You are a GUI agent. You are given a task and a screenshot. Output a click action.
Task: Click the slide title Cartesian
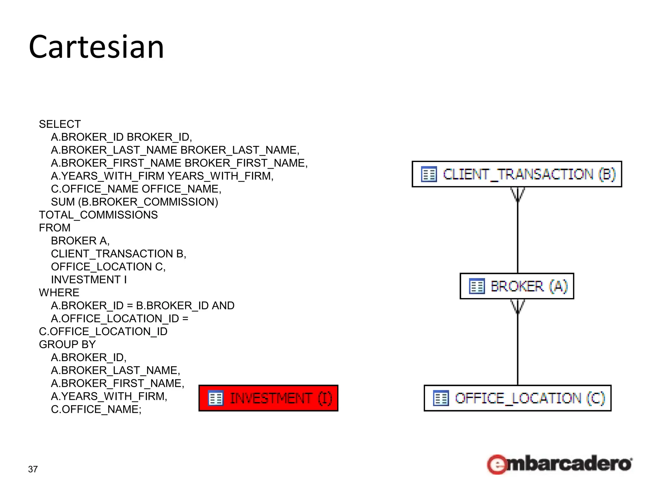click(96, 47)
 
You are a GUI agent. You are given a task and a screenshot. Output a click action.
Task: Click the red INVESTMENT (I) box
click(268, 398)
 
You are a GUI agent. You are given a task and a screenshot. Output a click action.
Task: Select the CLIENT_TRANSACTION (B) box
click(517, 174)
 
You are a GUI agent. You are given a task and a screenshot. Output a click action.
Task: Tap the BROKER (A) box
click(517, 286)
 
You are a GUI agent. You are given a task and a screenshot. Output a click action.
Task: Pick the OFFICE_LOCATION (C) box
click(517, 398)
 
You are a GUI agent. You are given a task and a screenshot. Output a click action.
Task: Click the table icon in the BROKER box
click(477, 286)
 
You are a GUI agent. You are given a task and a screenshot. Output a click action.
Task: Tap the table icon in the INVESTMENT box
click(216, 399)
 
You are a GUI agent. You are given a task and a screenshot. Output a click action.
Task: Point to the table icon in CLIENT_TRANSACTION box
click(429, 174)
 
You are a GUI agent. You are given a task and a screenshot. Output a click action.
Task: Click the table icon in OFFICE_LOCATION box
click(441, 399)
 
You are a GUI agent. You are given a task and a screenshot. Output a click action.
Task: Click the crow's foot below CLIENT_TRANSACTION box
click(517, 194)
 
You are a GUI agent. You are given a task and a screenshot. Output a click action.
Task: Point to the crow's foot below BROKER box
click(517, 306)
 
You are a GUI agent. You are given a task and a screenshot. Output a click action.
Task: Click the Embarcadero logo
click(559, 464)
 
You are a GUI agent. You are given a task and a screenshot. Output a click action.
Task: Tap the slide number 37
click(33, 469)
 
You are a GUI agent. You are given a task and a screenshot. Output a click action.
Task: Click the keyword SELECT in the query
click(60, 124)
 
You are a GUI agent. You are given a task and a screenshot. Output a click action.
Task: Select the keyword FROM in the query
click(55, 228)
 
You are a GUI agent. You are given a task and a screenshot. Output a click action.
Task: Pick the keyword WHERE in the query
click(59, 292)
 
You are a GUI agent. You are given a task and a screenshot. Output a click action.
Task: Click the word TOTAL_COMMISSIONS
click(98, 215)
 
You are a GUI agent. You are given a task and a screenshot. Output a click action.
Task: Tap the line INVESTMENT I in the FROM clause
click(89, 280)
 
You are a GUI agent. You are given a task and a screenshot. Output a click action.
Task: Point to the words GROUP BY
click(67, 344)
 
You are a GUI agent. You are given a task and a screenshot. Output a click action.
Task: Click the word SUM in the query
click(63, 202)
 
